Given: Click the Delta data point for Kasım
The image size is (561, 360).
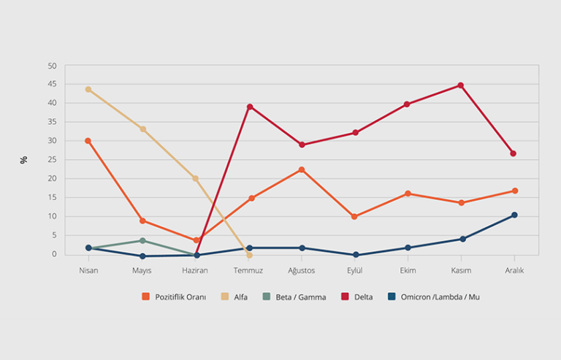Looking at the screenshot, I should tap(460, 85).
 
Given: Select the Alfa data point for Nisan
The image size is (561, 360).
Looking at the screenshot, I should tap(88, 89).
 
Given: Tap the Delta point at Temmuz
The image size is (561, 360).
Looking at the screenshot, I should tap(250, 107).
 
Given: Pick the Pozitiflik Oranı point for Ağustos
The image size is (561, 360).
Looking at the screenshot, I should tap(301, 169).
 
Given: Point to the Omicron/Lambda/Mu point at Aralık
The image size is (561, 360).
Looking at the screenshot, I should tap(514, 215).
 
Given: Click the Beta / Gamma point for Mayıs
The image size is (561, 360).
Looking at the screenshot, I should tap(142, 240).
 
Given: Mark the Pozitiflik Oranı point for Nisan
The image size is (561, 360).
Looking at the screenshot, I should tap(88, 140).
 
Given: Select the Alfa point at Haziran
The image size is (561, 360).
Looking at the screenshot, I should tap(195, 178).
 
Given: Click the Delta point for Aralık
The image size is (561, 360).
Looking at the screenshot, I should tap(514, 153).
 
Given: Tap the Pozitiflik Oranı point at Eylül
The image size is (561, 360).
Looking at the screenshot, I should tap(354, 217).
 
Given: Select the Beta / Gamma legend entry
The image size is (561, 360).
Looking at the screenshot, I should tap(295, 297).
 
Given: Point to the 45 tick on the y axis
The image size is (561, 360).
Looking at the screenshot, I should tap(52, 85).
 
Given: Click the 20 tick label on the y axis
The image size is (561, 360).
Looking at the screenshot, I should tap(52, 179).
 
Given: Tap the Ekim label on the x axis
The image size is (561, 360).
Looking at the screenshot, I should tap(408, 270).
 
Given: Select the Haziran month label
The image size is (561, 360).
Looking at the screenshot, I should tap(195, 270).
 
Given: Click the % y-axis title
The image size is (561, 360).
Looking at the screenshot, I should tap(24, 159).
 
